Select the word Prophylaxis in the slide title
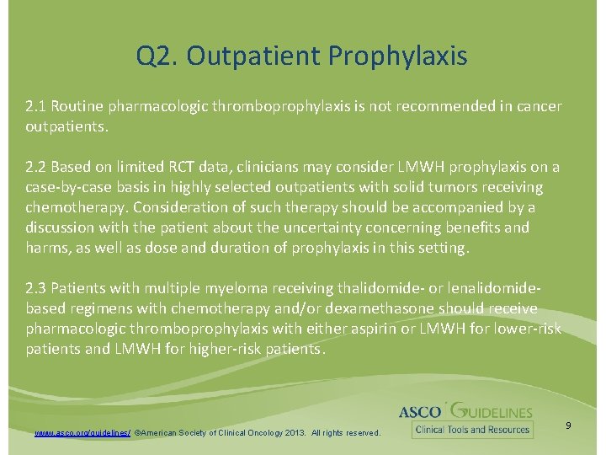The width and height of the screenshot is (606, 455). click(397, 56)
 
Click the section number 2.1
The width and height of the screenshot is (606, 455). click(36, 107)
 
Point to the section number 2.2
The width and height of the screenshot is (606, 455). click(36, 167)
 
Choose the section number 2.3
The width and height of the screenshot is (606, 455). click(36, 289)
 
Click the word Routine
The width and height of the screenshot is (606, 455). click(78, 107)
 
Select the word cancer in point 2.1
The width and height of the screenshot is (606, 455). click(539, 107)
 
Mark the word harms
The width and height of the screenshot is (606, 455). click(45, 248)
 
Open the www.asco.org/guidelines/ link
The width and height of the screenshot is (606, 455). click(82, 432)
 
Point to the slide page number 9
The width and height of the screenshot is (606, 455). click(568, 426)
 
